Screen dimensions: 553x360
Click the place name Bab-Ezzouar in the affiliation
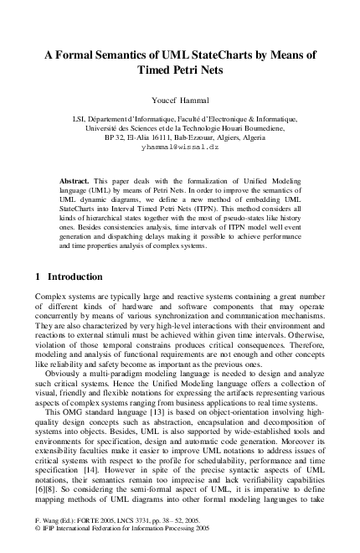click(x=207, y=136)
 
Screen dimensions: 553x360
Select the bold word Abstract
click(x=76, y=180)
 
